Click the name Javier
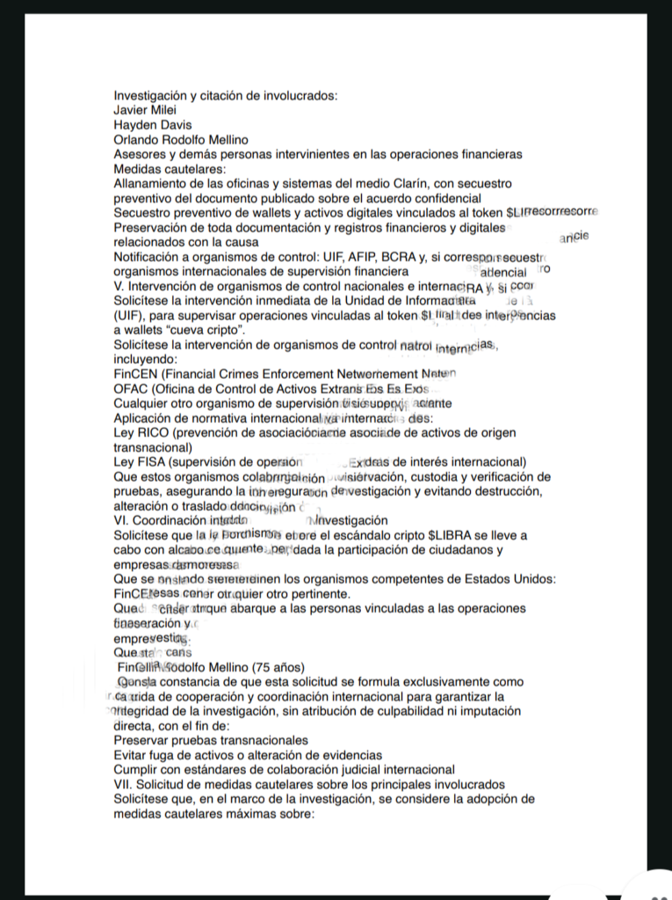click(132, 110)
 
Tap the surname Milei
click(172, 110)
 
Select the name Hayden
click(137, 125)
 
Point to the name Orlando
click(138, 140)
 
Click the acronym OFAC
click(131, 389)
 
